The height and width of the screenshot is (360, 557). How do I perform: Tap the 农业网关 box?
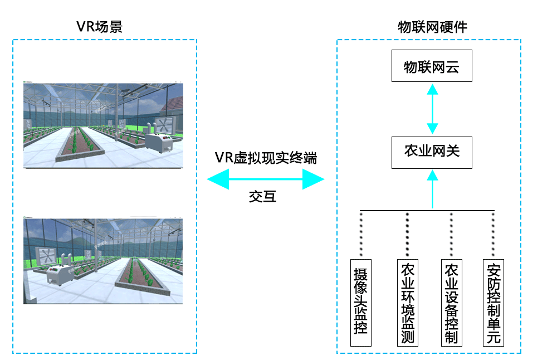coord(432,152)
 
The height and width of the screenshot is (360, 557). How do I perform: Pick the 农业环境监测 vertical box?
coord(407,301)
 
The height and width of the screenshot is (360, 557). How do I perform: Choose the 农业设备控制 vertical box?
coord(451,301)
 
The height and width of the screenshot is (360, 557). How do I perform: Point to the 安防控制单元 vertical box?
coord(493,301)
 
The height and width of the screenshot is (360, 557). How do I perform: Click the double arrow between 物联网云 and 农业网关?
coord(432,109)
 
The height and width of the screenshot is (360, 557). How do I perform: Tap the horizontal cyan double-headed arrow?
coord(265,179)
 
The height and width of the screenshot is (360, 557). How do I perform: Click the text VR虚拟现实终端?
coord(266,158)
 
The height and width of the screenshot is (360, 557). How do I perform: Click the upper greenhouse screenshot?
coord(103,125)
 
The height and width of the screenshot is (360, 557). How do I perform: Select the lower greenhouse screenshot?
coord(103,261)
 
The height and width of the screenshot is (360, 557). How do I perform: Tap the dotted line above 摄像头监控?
coord(361,234)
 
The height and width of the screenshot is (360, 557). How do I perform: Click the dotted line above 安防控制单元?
coord(494,234)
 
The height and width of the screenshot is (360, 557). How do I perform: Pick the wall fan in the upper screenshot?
coord(165,125)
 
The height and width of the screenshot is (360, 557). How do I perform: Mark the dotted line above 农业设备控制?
coord(450,234)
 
